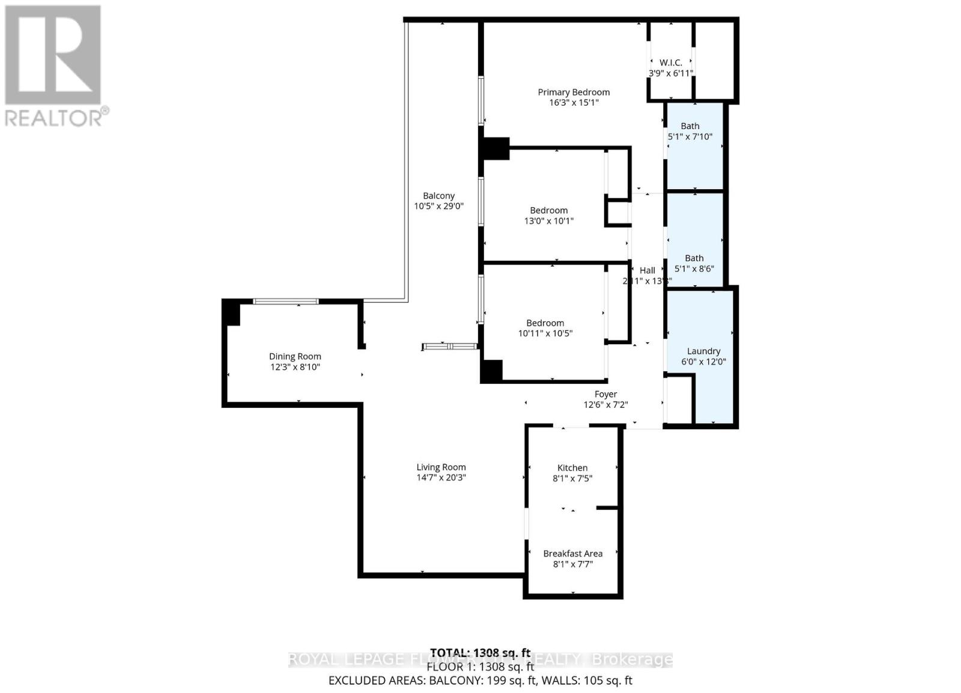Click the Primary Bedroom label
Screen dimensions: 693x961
pos(574,92)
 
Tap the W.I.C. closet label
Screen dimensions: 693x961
pos(670,62)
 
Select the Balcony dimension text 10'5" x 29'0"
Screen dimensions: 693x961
pos(438,206)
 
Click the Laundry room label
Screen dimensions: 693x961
pos(703,351)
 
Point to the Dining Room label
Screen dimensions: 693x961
pos(295,356)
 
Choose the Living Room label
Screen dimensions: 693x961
pos(441,467)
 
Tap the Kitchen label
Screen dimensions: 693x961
pos(572,468)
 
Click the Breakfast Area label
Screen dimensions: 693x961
pos(572,554)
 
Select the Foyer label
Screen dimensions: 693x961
pos(605,395)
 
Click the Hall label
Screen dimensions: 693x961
pos(647,270)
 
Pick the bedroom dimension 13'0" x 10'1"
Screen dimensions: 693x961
pos(548,221)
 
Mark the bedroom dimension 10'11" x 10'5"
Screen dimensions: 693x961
pos(545,333)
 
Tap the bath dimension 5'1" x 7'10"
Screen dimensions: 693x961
pos(690,137)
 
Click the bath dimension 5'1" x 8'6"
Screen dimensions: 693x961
pos(694,269)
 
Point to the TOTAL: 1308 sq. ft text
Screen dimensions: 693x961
pos(480,653)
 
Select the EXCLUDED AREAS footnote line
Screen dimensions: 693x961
pos(480,680)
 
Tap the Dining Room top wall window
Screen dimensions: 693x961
pos(285,301)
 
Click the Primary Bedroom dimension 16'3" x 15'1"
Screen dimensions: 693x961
pos(574,103)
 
